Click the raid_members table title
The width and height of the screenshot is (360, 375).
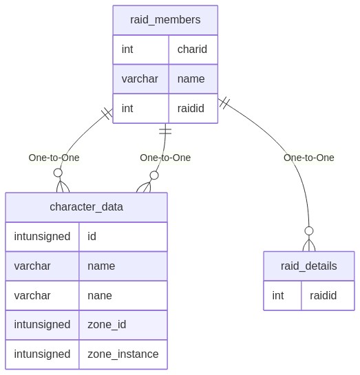tap(165, 20)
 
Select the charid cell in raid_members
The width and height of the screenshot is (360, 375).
tap(193, 50)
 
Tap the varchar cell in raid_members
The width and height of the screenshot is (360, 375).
tap(140, 79)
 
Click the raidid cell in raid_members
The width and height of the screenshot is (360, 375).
tap(193, 109)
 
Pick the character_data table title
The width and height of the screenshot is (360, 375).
tap(86, 207)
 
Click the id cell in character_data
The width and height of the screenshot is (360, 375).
tap(123, 237)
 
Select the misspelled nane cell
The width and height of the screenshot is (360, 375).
tap(123, 296)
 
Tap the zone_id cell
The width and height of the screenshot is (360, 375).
tap(123, 325)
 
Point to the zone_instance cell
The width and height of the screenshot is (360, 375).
tap(123, 354)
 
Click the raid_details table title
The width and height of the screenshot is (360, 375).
tap(309, 266)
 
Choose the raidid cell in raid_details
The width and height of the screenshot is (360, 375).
tap(328, 296)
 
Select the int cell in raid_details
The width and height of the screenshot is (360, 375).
tap(282, 296)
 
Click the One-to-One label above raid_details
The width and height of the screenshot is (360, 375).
tap(309, 158)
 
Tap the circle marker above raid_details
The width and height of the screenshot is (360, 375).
tap(309, 231)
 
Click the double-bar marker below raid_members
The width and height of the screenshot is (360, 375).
tap(165, 131)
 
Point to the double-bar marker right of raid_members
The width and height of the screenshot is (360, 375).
tap(224, 103)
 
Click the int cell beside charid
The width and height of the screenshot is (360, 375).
tap(140, 50)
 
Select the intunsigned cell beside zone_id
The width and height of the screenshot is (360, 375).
tap(42, 325)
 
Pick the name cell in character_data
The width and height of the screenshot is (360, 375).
tap(123, 266)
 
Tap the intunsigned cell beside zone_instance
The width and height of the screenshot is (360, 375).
tap(42, 354)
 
